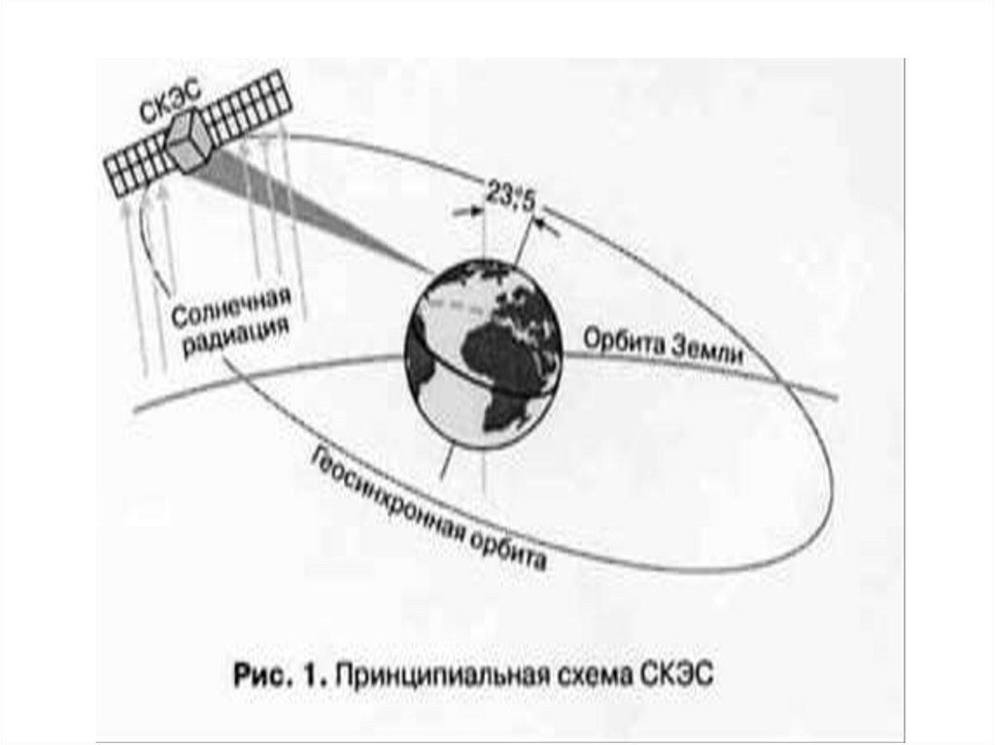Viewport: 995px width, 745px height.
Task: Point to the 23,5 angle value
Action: (x=504, y=198)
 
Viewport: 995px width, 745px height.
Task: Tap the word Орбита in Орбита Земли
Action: (x=620, y=341)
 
